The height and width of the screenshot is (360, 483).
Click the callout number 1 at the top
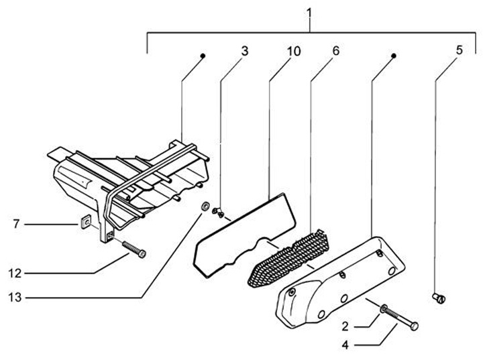[x=309, y=11]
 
